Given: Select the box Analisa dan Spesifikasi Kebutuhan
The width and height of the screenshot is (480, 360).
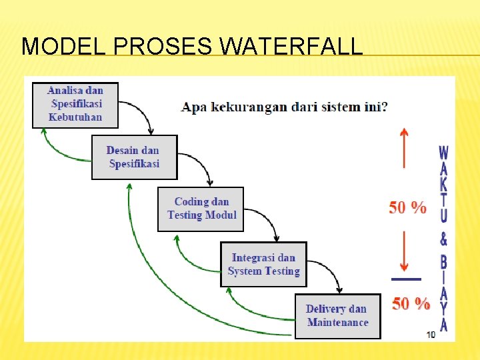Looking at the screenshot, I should (75, 105).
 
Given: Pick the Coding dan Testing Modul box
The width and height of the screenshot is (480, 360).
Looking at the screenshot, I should (201, 209).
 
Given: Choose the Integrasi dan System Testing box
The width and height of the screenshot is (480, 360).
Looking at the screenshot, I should (263, 264).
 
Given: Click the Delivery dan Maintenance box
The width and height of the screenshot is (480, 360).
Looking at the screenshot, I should (337, 316).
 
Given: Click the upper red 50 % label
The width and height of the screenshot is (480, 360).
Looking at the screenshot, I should (407, 208).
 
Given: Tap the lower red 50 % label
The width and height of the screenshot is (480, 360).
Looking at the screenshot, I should (411, 304).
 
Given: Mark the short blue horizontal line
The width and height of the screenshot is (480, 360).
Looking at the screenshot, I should (406, 279).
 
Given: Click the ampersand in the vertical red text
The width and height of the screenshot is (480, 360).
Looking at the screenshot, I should (443, 238).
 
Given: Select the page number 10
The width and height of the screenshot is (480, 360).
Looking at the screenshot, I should (431, 334).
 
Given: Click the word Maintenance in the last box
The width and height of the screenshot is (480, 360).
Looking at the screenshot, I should (337, 323).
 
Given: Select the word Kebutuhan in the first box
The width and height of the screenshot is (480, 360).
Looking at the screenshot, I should (75, 117).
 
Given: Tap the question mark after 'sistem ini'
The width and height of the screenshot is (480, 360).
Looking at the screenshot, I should (384, 107).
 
